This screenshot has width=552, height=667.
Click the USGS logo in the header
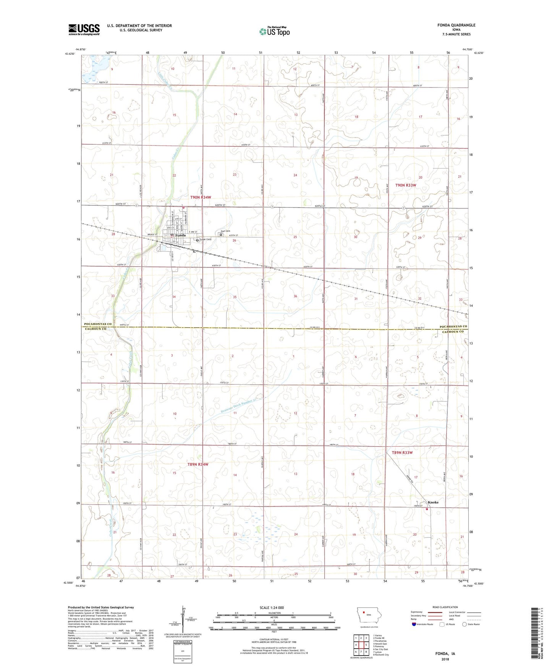(x=84, y=29)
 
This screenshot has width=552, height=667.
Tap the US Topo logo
(x=274, y=31)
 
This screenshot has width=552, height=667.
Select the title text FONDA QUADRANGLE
(x=456, y=25)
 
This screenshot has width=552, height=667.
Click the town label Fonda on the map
(x=180, y=235)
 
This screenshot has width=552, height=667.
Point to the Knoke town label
(x=433, y=502)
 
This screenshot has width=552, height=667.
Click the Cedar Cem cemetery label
(x=206, y=240)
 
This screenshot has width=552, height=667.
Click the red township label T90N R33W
(x=406, y=185)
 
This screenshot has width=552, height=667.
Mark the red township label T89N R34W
(x=198, y=465)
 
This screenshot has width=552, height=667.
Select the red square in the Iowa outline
(x=364, y=620)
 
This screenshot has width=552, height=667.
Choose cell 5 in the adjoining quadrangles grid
(x=366, y=645)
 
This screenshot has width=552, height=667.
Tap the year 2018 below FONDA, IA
(x=445, y=659)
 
